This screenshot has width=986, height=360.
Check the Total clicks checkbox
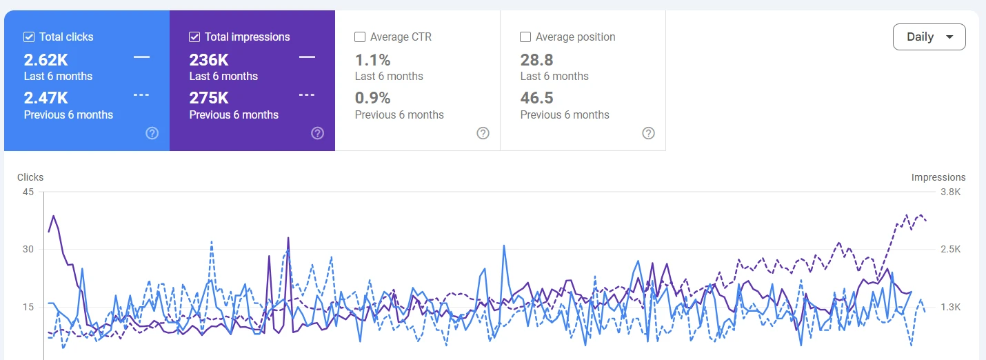click(x=29, y=37)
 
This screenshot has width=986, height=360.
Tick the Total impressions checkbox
click(x=194, y=37)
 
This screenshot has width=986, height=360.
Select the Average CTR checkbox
click(x=360, y=37)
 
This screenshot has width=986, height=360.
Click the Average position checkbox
click(x=525, y=37)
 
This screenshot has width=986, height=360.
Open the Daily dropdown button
click(x=929, y=37)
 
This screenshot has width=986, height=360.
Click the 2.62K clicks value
click(x=46, y=60)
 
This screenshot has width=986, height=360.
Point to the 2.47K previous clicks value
click(x=46, y=98)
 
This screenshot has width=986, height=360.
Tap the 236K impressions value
click(x=209, y=60)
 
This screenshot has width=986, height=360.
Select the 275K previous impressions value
click(x=209, y=98)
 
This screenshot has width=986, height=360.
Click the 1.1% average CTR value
click(x=372, y=60)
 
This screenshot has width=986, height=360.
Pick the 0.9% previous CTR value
click(x=372, y=98)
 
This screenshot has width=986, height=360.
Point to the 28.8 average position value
click(x=537, y=60)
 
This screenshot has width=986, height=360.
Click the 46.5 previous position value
click(x=537, y=98)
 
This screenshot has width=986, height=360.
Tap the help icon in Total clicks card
click(x=152, y=133)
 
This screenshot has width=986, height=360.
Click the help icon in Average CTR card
click(x=483, y=133)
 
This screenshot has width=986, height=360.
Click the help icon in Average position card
click(x=649, y=133)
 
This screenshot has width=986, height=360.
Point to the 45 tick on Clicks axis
click(x=28, y=192)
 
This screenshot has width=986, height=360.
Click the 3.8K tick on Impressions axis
click(x=951, y=192)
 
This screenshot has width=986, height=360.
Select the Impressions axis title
click(x=938, y=177)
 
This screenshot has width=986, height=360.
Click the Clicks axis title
click(x=30, y=177)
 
